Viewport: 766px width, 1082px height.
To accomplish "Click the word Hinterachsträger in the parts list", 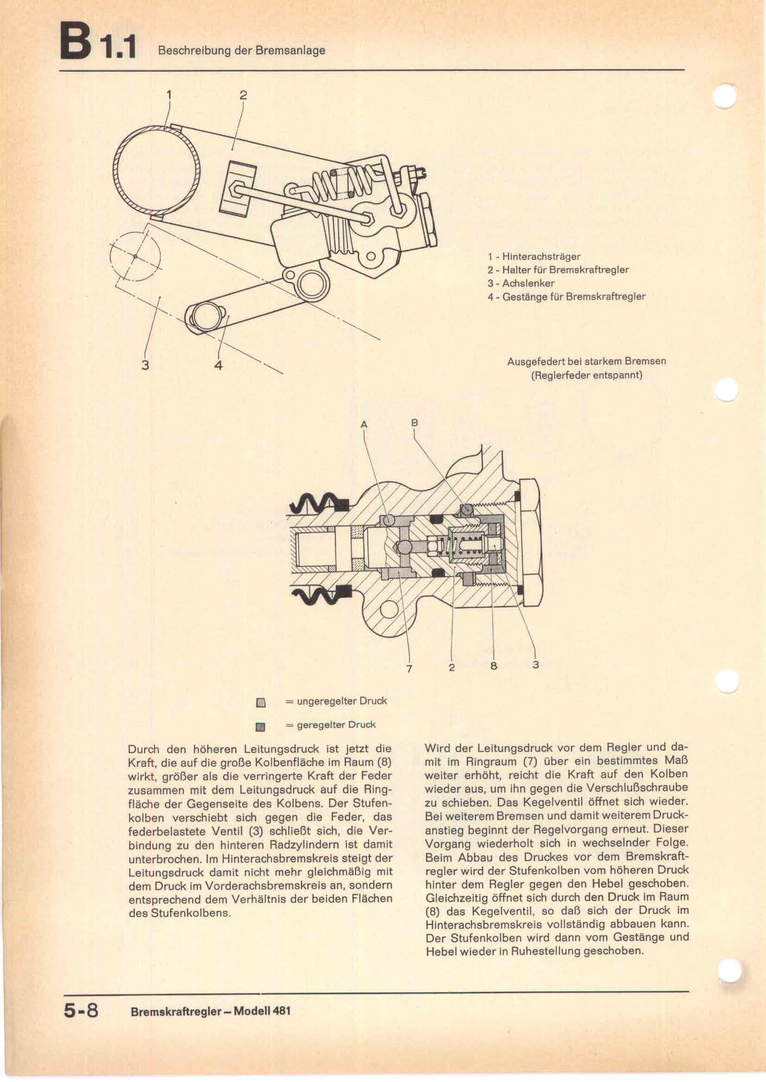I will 541,257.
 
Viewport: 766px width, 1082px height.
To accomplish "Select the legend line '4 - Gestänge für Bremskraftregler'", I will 566,297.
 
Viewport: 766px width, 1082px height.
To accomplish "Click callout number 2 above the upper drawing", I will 243,95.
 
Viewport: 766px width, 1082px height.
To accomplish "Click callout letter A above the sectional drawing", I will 364,425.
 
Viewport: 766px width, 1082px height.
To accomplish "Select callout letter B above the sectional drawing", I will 414,423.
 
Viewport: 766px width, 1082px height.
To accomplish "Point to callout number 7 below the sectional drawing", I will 409,668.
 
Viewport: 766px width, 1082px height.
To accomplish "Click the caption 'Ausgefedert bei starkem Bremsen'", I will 586,361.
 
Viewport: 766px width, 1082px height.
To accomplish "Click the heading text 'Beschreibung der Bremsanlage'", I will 241,50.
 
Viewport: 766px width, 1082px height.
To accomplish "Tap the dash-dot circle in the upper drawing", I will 134,257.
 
